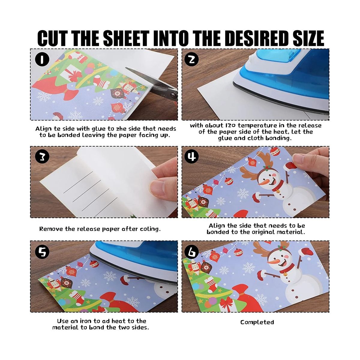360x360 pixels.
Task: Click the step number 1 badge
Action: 42,60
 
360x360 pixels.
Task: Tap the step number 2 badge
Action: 192,60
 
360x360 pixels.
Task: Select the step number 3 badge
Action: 42,157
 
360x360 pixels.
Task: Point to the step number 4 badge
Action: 192,157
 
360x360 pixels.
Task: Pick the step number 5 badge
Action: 42,252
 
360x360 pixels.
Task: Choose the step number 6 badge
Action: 192,252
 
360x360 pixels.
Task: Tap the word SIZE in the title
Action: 308,38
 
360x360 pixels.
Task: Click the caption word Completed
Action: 257,322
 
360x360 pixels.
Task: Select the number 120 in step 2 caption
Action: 230,125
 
